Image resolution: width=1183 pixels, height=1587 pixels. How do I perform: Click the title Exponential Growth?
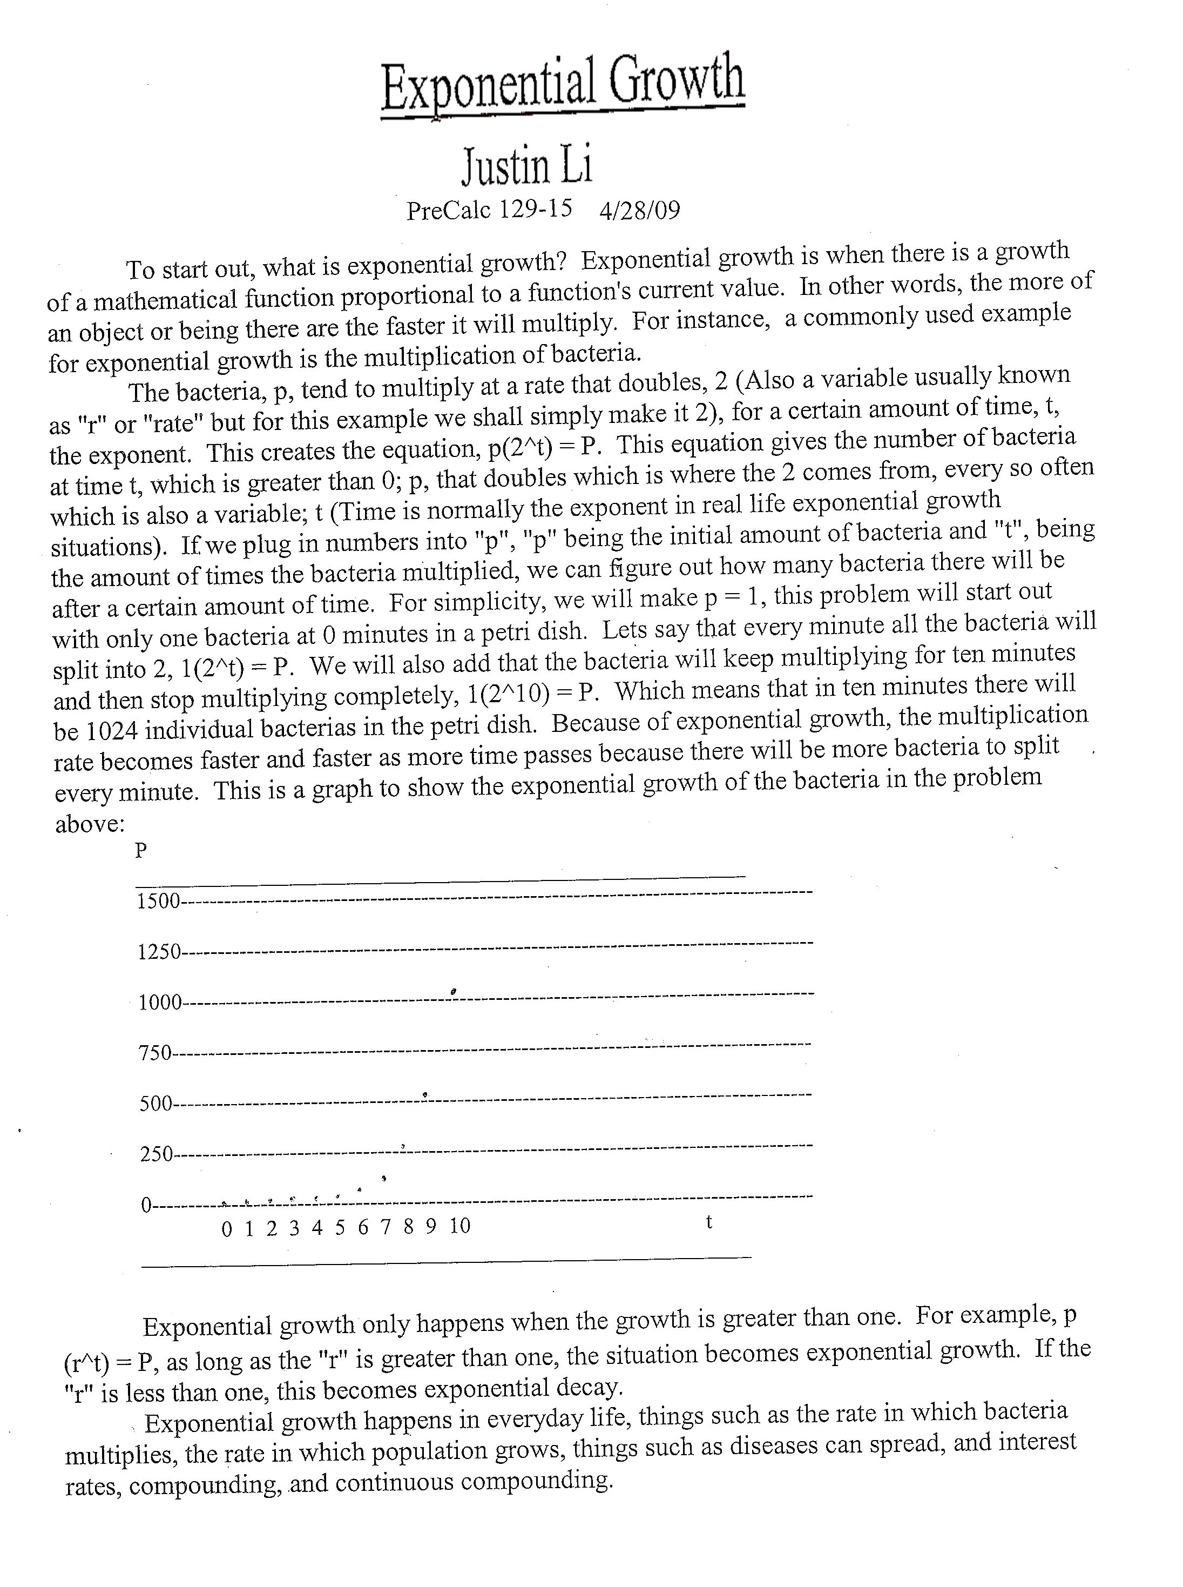click(x=563, y=85)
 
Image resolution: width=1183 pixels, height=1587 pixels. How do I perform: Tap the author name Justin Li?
click(x=527, y=165)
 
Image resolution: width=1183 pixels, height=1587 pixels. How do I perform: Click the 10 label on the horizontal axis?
click(x=459, y=1227)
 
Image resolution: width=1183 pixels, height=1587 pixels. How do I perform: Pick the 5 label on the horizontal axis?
click(x=340, y=1228)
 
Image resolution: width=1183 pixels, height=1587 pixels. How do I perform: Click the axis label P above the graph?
click(x=141, y=851)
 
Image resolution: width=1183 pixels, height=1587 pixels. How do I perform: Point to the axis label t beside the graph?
click(x=709, y=1222)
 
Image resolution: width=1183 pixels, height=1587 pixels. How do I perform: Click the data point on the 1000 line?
click(x=454, y=992)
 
